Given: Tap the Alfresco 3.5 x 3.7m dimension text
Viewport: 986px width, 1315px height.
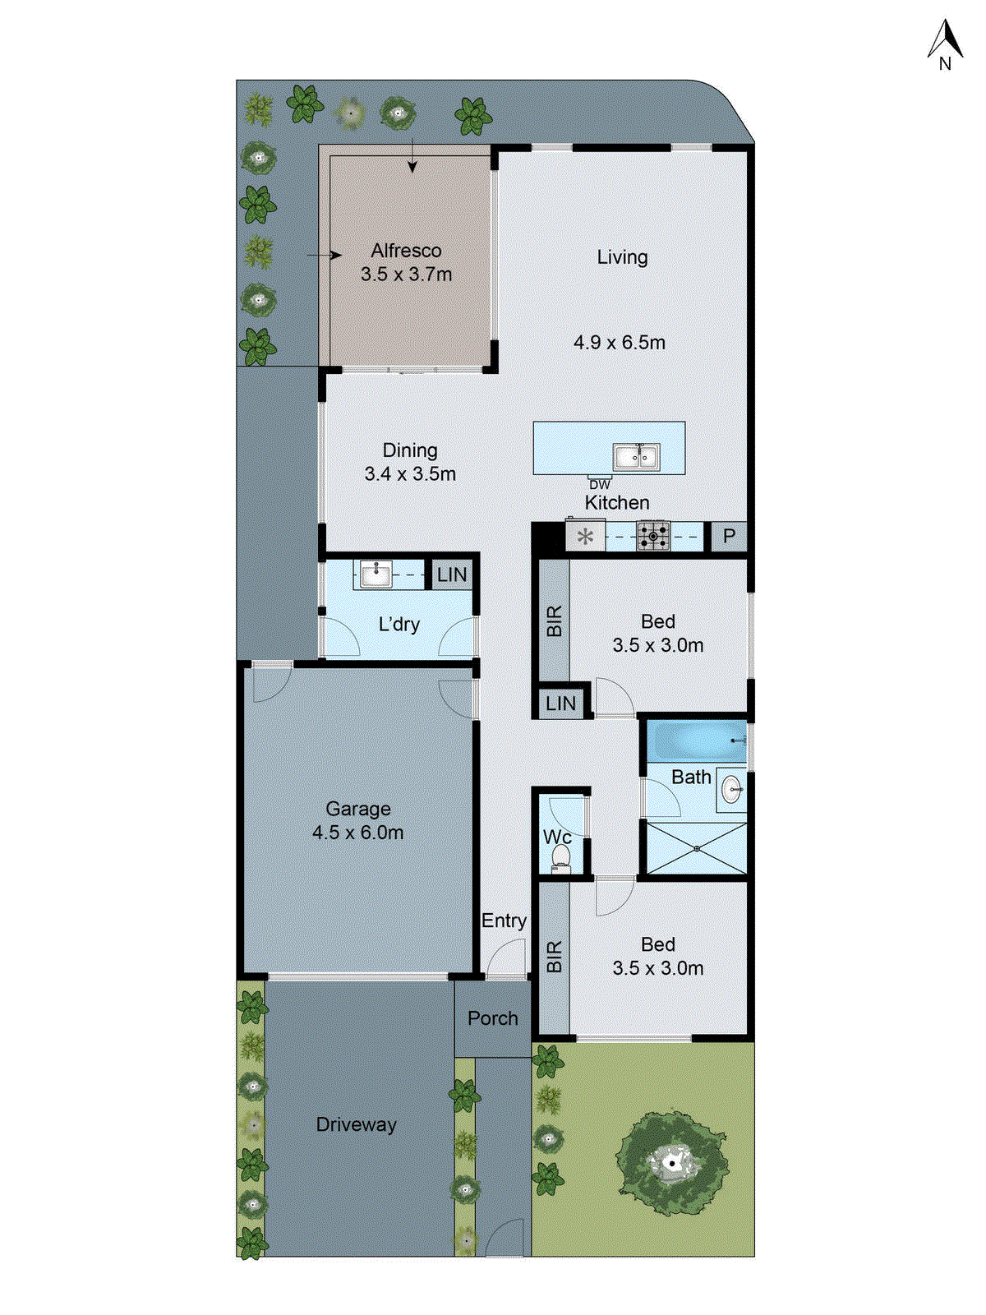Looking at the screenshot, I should coord(406,275).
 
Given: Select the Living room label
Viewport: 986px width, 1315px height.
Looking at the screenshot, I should coord(622,257).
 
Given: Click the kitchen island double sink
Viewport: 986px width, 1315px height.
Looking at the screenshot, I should coord(635,456).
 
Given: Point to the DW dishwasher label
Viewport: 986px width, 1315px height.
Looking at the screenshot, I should coord(600,485).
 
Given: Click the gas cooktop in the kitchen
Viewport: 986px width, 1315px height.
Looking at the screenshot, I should coord(654,537).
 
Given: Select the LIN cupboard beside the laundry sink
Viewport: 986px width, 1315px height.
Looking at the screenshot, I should coord(451,574).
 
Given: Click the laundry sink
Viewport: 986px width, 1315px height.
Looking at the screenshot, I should coord(376,574).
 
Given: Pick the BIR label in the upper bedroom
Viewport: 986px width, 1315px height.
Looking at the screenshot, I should coord(554,621).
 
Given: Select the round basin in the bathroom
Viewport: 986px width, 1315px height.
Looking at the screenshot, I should coord(731,791).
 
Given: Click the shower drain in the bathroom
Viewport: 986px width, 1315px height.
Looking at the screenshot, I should coord(696,848).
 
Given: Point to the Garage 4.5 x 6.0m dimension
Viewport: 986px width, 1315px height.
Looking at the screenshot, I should coord(357,833).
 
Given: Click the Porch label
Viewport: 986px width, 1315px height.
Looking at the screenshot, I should coord(492,1018).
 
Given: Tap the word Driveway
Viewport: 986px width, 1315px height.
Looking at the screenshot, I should coord(356,1124).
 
